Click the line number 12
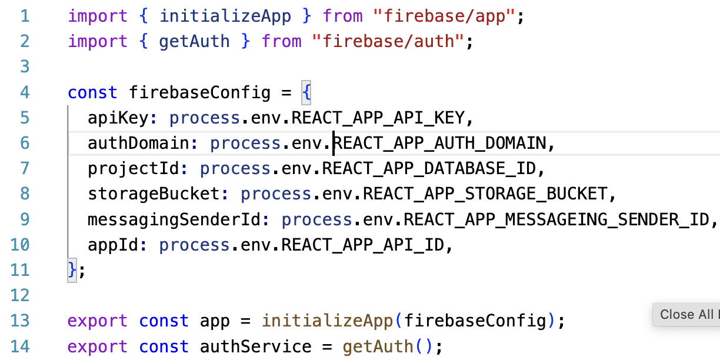click(x=20, y=295)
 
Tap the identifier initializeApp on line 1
click(x=225, y=16)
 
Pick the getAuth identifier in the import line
click(x=195, y=42)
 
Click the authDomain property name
click(x=138, y=144)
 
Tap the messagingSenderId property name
click(x=174, y=219)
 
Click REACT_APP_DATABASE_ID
click(x=430, y=169)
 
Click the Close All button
click(x=686, y=315)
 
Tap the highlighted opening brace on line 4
click(x=306, y=92)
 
